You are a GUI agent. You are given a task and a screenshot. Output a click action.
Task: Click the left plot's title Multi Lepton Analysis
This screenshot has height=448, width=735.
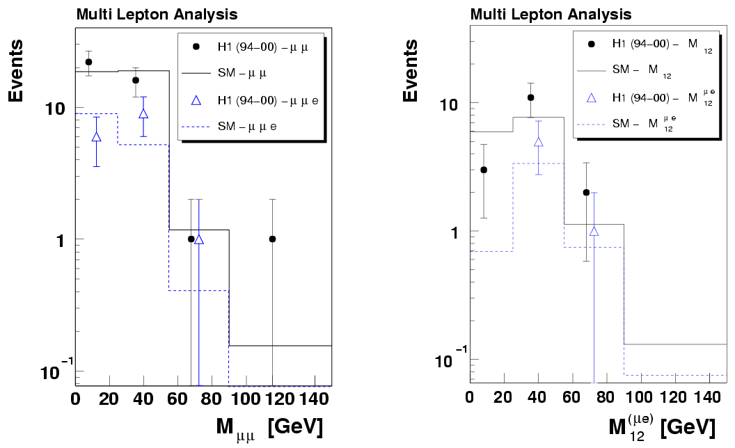point(157,14)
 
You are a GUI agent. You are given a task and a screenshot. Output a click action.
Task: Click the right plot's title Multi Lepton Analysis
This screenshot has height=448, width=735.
point(551,14)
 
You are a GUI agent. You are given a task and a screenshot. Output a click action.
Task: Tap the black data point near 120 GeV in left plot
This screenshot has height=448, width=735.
point(272,239)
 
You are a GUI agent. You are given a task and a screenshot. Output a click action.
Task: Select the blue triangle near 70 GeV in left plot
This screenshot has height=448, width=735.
point(199,239)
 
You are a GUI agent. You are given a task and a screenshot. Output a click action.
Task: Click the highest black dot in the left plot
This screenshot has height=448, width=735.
point(88,62)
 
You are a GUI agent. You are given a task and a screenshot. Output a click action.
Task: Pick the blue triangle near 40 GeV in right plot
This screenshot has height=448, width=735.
point(538,142)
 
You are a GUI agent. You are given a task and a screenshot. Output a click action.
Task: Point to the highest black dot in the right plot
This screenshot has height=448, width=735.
point(530,97)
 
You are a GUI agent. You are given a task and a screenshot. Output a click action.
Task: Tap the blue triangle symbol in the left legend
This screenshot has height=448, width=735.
point(196,100)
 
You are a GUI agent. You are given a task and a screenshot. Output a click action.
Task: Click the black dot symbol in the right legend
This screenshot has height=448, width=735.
point(592,43)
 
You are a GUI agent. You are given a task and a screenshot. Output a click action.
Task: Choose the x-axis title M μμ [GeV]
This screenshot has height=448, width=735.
point(268,425)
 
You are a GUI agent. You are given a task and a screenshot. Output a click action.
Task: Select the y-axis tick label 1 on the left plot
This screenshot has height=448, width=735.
point(61,239)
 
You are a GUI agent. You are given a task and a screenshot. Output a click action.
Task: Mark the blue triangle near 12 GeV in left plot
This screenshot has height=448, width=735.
point(96,136)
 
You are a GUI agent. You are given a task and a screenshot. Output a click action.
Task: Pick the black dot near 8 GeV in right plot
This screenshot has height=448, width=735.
point(484,170)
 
